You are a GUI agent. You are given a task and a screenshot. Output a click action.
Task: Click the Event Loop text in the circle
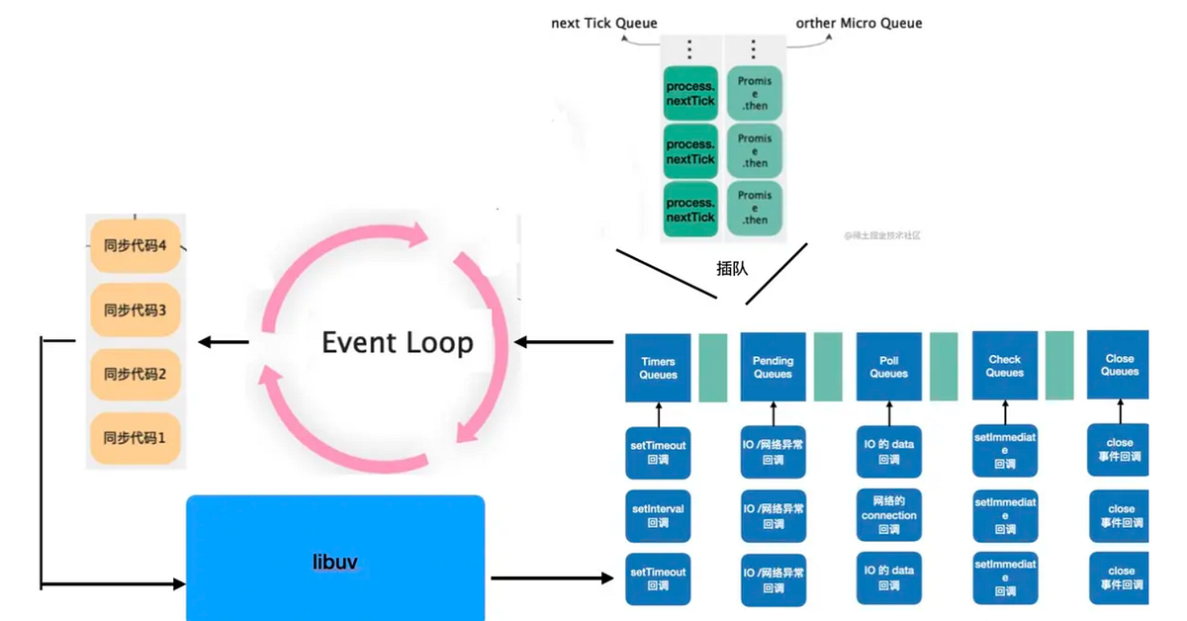tap(398, 343)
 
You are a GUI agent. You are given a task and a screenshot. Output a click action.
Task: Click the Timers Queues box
tap(659, 368)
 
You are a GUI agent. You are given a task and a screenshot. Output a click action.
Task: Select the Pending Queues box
tap(773, 368)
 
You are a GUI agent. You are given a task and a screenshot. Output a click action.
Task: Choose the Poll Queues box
tap(888, 368)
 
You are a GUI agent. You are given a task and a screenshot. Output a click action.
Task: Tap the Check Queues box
tap(1004, 367)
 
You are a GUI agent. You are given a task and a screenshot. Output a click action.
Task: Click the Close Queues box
tap(1120, 366)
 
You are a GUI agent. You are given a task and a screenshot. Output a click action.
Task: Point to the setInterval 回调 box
tap(659, 515)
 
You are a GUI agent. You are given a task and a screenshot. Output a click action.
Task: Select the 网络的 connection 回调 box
tap(888, 515)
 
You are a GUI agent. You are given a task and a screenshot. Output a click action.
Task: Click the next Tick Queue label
tap(603, 23)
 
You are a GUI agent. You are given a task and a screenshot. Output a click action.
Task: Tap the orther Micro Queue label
tap(859, 23)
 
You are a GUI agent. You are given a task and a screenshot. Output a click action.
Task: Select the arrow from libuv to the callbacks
tap(552, 577)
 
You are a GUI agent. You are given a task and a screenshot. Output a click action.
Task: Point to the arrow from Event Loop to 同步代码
tap(223, 342)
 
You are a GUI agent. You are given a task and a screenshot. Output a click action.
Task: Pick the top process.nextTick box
tap(689, 93)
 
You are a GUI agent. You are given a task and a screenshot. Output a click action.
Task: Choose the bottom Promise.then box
tap(755, 209)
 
